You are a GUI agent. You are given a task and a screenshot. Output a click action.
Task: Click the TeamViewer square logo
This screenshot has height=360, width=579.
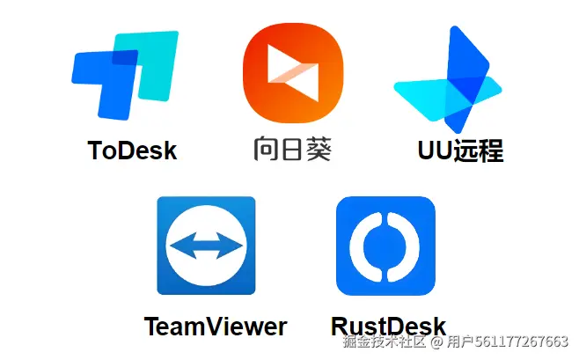pyautogui.click(x=206, y=246)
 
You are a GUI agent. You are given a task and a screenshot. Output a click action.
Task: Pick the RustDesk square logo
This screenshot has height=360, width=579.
pyautogui.click(x=385, y=246)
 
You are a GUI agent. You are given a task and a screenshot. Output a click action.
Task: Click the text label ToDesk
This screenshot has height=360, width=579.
pyautogui.click(x=132, y=151)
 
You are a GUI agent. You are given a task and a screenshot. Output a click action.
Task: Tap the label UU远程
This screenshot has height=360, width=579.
pyautogui.click(x=459, y=151)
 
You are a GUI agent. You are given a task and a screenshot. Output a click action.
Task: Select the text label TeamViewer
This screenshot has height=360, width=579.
pyautogui.click(x=215, y=327)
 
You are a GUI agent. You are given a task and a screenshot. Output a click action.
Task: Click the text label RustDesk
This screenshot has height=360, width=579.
pyautogui.click(x=388, y=326)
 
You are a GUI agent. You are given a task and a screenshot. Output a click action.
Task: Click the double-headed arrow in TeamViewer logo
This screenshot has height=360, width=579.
pyautogui.click(x=206, y=246)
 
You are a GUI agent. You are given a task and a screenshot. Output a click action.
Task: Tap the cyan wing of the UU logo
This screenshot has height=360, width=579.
pyautogui.click(x=419, y=93)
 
